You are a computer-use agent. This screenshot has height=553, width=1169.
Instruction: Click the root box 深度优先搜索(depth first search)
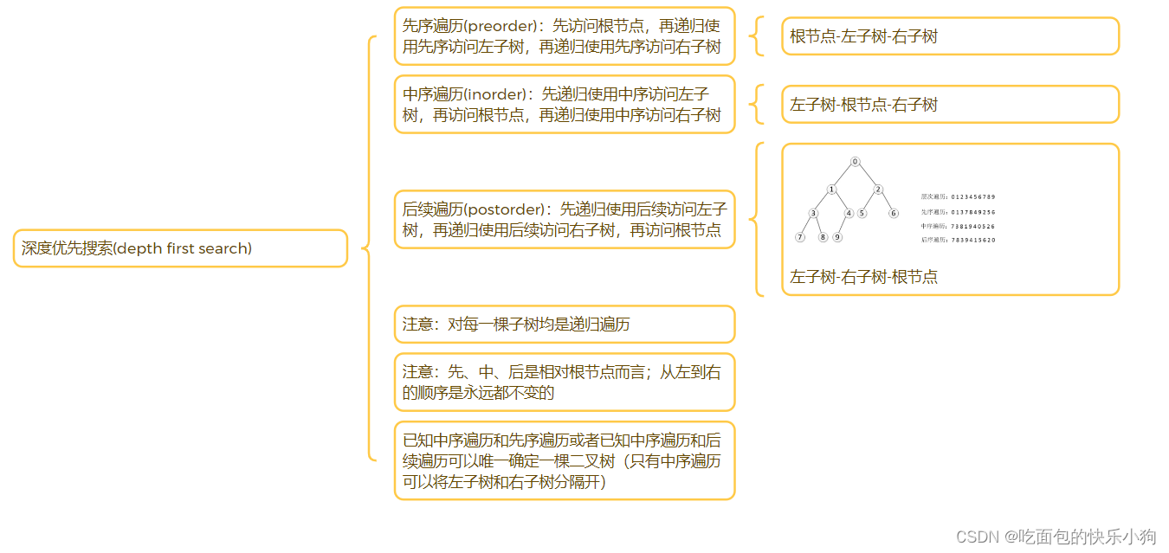tap(180, 248)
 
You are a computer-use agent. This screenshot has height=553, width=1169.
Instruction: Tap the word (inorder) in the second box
tap(496, 94)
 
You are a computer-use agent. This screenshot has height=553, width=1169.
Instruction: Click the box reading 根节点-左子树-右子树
tap(950, 36)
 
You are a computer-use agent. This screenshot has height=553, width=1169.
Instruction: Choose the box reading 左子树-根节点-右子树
tap(950, 105)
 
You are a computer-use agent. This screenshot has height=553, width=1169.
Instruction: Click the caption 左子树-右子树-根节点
tap(863, 277)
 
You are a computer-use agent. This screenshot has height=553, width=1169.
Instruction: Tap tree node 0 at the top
tap(855, 162)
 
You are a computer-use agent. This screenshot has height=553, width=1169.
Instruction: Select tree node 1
tap(831, 190)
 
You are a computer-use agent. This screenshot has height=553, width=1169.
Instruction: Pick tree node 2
tap(878, 190)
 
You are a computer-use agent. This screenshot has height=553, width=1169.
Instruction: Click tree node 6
tap(894, 213)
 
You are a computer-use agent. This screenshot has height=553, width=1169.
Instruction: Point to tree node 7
tap(800, 237)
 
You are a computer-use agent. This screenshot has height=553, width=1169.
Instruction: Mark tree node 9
tap(837, 237)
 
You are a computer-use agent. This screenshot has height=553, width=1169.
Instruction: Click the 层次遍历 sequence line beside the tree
tap(959, 197)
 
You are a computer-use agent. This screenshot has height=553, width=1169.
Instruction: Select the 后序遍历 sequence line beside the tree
tap(959, 240)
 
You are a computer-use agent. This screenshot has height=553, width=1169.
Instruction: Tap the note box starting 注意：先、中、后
tap(564, 382)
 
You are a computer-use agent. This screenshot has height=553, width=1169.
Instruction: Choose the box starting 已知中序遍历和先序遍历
tap(564, 460)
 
